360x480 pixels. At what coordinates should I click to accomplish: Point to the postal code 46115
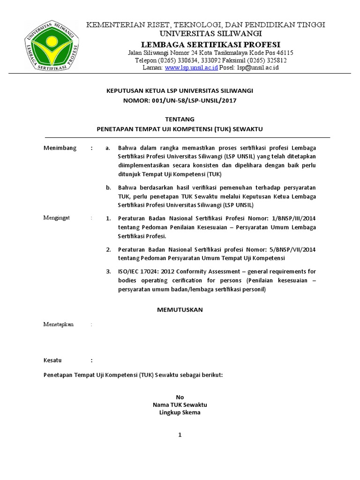click(x=284, y=53)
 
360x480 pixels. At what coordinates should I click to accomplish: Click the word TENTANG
click(x=180, y=120)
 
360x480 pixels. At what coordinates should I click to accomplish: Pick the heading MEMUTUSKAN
click(x=180, y=310)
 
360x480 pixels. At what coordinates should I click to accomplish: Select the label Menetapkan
click(x=59, y=324)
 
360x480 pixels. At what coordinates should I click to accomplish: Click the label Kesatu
click(x=52, y=360)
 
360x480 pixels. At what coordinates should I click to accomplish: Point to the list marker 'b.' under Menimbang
click(x=108, y=187)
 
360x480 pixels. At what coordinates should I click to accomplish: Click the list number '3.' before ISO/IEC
click(x=108, y=271)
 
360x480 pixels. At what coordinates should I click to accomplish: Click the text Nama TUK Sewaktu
click(x=180, y=405)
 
